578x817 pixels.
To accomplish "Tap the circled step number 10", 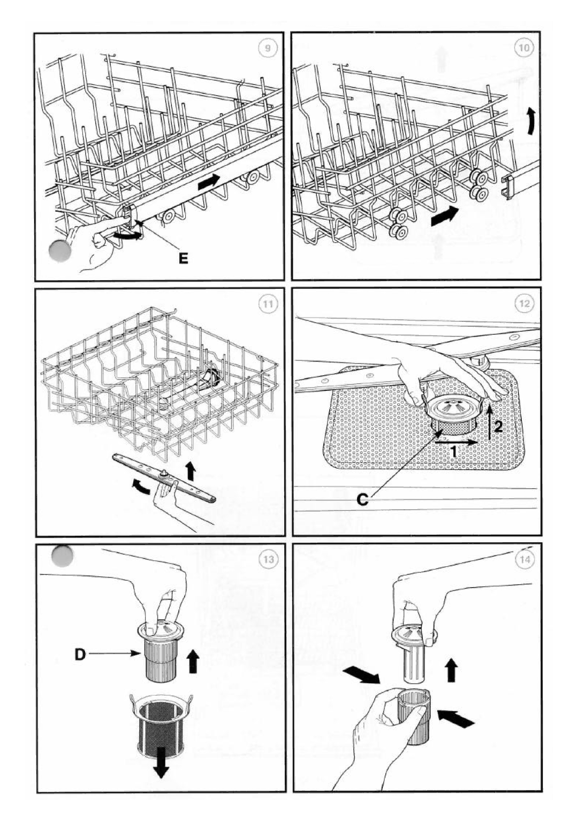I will tap(524, 48).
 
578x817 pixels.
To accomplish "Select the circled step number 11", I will tap(267, 304).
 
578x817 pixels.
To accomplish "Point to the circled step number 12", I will tap(524, 304).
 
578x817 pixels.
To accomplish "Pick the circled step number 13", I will tap(267, 560).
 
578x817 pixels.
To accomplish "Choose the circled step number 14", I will tap(524, 560).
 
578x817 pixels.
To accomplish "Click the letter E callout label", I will tap(184, 259).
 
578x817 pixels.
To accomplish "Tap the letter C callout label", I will tap(362, 500).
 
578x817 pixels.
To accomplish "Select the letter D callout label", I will tap(79, 654).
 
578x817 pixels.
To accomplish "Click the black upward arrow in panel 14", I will tap(452, 669).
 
